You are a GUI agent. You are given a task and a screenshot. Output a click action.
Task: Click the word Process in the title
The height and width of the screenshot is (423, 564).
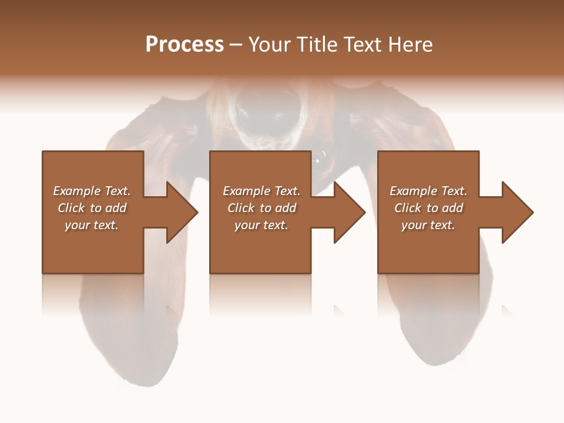tap(184, 45)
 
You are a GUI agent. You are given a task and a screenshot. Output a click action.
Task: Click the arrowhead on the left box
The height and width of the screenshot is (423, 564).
tap(179, 212)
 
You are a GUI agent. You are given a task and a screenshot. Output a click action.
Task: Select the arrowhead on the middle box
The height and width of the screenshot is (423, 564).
tap(347, 212)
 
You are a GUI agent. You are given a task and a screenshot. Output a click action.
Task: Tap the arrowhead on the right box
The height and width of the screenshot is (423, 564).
tap(515, 212)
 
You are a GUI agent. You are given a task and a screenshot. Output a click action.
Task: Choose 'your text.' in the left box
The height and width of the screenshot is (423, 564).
tap(92, 225)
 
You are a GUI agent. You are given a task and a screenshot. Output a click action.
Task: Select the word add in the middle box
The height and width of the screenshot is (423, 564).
tap(286, 208)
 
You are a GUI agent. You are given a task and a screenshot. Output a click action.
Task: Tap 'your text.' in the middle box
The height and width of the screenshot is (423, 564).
tap(261, 225)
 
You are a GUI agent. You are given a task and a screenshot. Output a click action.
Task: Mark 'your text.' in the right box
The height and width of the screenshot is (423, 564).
tap(428, 225)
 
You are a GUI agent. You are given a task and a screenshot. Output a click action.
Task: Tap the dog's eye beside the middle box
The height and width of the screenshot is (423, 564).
tap(319, 157)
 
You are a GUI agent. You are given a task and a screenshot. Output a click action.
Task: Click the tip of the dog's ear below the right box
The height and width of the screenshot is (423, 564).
tap(435, 358)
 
